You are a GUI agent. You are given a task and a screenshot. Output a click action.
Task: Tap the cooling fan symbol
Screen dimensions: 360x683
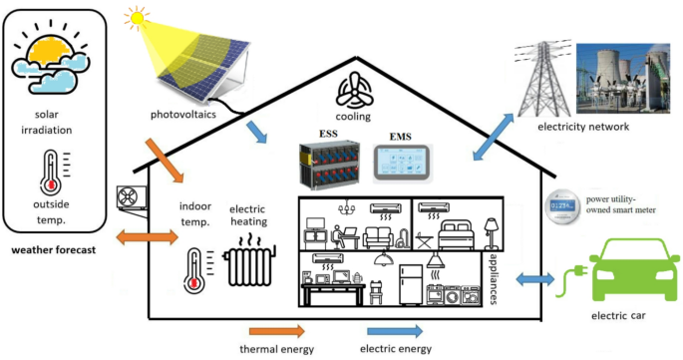[x=355, y=92]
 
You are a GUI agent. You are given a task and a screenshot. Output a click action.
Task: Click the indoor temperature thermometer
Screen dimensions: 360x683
[x=192, y=269]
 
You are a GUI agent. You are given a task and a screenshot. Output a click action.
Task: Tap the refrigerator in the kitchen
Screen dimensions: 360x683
[x=408, y=283]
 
